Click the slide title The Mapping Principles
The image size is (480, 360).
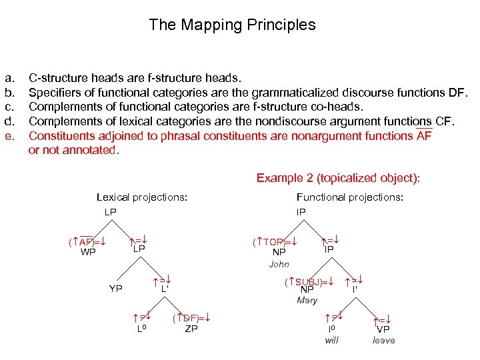pos(232,25)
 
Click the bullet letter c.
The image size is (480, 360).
pos(9,107)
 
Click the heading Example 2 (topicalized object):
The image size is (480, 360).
pos(339,178)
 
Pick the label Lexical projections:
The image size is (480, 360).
pos(141,197)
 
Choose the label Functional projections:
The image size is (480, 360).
pos(349,197)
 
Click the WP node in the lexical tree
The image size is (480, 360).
pos(88,252)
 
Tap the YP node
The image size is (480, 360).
pos(116,289)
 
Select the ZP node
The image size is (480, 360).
pos(191,328)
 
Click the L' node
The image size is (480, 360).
pos(163,289)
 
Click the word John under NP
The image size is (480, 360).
pos(279,264)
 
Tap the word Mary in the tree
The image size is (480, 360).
pos(307,300)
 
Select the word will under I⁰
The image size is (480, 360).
pos(332,340)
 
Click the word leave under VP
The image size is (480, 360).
pos(383,340)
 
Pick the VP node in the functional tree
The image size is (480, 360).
pos(383,329)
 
